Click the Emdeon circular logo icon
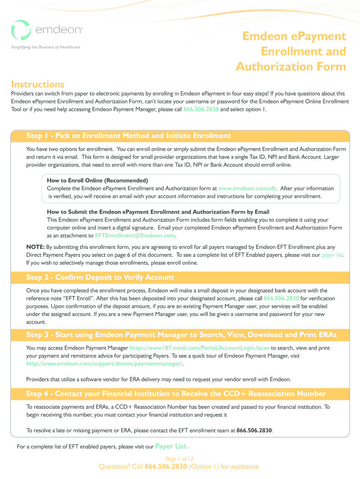(x=21, y=30)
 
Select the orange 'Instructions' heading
(x=38, y=85)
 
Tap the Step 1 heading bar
(x=129, y=136)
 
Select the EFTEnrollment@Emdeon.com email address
(x=135, y=235)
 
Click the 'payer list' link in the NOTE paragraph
(x=332, y=255)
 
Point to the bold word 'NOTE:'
(x=36, y=247)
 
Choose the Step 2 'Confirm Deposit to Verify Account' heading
(x=100, y=277)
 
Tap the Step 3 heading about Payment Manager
(x=181, y=335)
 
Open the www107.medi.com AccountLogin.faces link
(x=199, y=348)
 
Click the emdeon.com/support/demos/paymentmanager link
(x=105, y=363)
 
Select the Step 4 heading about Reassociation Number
(x=176, y=394)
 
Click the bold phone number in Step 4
(x=254, y=430)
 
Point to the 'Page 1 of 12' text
(x=180, y=459)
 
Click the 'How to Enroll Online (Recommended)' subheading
(x=98, y=181)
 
